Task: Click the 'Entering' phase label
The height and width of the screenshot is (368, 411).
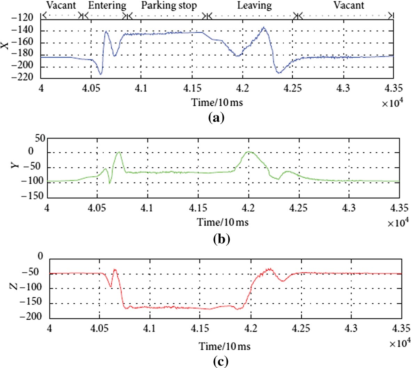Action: (x=107, y=6)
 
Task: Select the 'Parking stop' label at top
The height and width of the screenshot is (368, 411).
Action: (x=169, y=6)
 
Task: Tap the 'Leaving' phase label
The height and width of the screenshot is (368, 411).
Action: (x=254, y=6)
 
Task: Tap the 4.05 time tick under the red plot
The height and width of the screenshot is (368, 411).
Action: (x=100, y=328)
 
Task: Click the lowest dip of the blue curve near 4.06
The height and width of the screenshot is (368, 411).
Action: (x=101, y=74)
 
